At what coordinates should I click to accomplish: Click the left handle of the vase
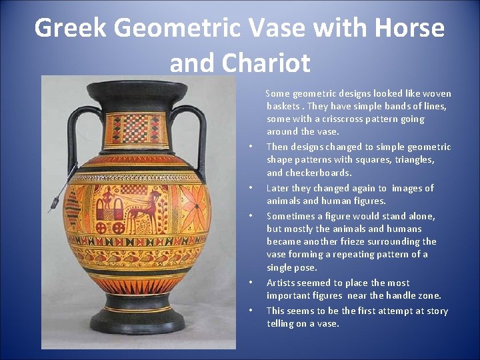(x=73, y=137)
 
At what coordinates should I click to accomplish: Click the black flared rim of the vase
(x=137, y=89)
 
